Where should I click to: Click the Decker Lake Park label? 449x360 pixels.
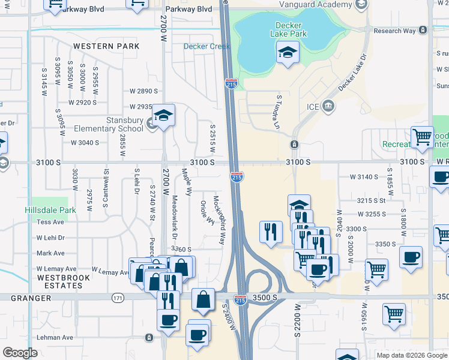pos(291,29)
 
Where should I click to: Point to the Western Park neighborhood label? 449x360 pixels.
pos(106,46)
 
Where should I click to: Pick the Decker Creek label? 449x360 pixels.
pos(199,46)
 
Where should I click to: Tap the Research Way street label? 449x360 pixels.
pos(394,31)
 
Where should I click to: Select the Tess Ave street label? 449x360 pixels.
pos(50,222)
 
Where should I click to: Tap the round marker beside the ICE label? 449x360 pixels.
pos(328,107)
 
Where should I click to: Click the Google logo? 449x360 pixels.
pos(21,353)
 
